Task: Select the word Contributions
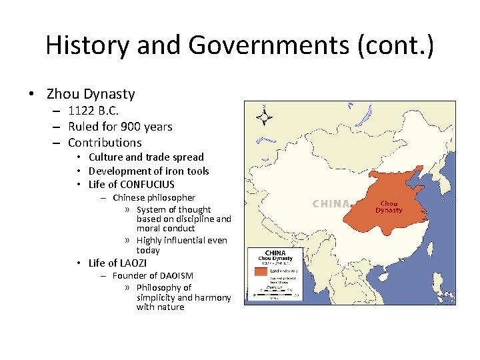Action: click(105, 142)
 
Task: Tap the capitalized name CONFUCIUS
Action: click(147, 185)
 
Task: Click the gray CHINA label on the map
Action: click(331, 203)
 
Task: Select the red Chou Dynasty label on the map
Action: click(389, 207)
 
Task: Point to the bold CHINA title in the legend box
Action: click(275, 253)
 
